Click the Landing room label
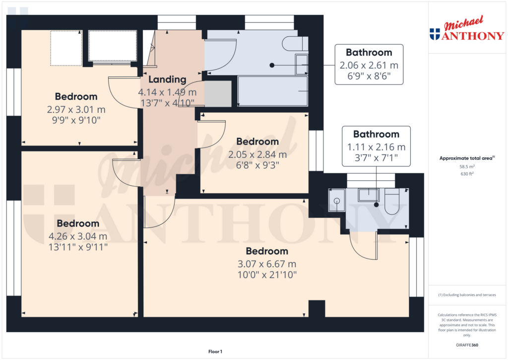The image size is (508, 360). click(167, 79)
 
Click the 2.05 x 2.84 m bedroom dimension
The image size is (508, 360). click(257, 154)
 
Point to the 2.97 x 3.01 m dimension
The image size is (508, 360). click(76, 109)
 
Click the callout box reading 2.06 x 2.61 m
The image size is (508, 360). click(369, 65)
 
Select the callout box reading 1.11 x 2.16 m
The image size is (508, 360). click(376, 146)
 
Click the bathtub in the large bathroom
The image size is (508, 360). click(273, 91)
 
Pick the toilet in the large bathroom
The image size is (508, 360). click(294, 44)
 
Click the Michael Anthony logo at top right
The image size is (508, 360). click(466, 30)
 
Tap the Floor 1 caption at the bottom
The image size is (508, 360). click(215, 352)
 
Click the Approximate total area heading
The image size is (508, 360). click(466, 158)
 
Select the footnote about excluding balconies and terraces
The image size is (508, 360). click(467, 295)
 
